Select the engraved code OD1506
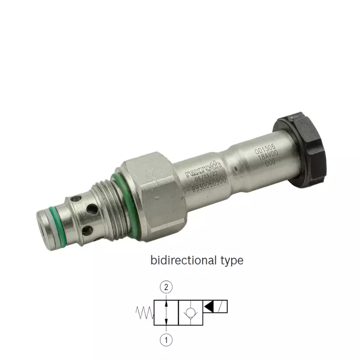pos(264,147)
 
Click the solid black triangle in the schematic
pos(209,307)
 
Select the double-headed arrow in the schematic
pos(166,313)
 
